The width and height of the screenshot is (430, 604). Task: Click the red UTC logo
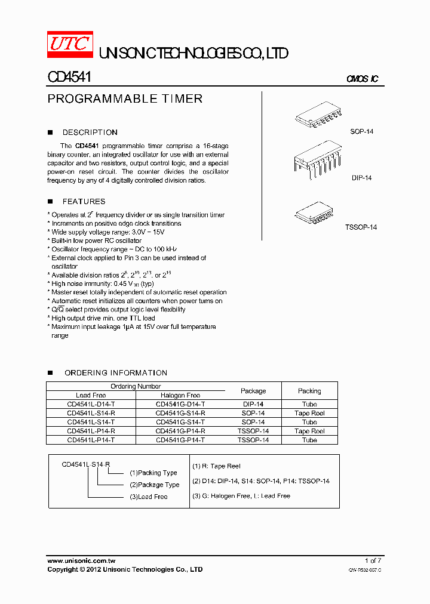[x=69, y=44]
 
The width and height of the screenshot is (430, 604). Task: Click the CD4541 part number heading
[x=69, y=78]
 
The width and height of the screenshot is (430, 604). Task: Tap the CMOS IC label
[x=362, y=79]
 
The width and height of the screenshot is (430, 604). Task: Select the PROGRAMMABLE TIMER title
[x=125, y=99]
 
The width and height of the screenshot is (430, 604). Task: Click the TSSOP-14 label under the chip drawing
[x=361, y=227]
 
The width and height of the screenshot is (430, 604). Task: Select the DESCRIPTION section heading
[x=90, y=132]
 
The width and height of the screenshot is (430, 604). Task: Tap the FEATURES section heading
[x=84, y=202]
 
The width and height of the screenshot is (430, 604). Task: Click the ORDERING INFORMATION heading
[x=115, y=373]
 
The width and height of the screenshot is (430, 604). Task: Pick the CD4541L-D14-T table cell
[x=91, y=404]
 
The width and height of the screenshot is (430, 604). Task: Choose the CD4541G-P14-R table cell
[x=180, y=431]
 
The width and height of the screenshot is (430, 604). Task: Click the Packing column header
[x=309, y=391]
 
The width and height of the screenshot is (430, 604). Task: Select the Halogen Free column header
[x=180, y=395]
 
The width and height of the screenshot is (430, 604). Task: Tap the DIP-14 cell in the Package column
[x=253, y=404]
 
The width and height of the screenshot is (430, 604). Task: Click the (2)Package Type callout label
[x=154, y=485]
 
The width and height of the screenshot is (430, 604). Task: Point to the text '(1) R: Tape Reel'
[x=216, y=466]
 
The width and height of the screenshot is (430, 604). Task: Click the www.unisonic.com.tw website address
[x=81, y=560]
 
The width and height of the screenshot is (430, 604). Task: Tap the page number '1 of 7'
[x=373, y=560]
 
